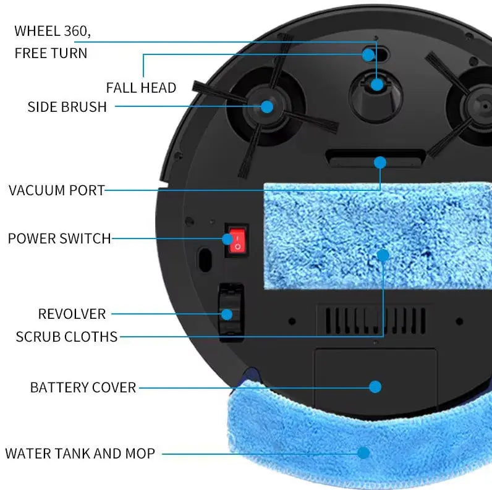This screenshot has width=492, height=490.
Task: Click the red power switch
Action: (x=237, y=240)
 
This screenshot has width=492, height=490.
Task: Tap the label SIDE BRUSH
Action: (x=67, y=107)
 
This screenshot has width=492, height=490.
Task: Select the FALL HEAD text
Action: (x=141, y=88)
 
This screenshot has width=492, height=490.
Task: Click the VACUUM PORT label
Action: (x=57, y=190)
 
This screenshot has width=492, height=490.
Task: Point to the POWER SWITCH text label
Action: (x=59, y=239)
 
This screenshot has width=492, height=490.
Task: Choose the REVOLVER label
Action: (x=72, y=314)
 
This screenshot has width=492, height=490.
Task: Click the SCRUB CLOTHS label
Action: (x=67, y=337)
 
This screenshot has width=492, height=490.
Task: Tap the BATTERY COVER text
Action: (x=83, y=387)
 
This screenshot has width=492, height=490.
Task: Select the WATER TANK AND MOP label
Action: (x=80, y=454)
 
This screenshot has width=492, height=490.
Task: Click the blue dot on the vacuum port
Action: (x=380, y=163)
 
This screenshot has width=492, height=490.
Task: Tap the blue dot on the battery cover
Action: (x=375, y=387)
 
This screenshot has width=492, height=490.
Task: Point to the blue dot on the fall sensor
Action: (x=368, y=55)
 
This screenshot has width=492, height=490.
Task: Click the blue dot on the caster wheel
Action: (x=377, y=85)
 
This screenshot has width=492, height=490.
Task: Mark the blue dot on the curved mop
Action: (x=363, y=453)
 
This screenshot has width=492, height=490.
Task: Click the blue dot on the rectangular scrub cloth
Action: (x=383, y=255)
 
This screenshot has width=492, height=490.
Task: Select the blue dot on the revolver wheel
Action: (x=227, y=315)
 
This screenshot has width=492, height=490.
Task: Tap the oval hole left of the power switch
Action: (x=205, y=260)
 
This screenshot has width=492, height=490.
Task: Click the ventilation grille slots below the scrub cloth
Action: (x=375, y=320)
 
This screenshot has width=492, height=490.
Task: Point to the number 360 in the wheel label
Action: (x=75, y=31)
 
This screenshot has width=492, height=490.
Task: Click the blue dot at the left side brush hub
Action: (x=267, y=107)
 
